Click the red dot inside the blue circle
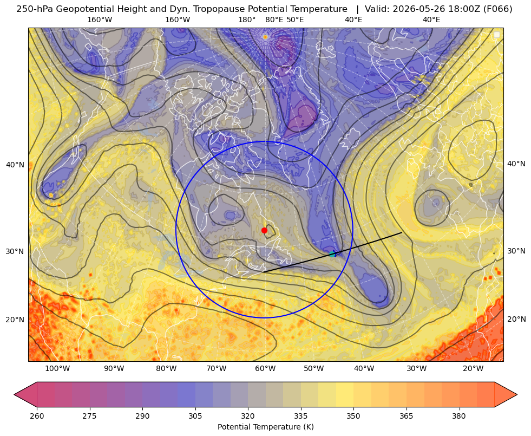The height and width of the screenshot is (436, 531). [264, 230]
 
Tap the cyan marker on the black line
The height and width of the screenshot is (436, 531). [332, 254]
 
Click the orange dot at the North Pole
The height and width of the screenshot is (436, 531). [265, 37]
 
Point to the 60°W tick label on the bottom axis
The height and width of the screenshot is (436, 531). [265, 369]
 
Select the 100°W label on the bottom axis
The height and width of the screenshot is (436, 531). [57, 369]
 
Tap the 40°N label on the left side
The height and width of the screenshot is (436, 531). [15, 165]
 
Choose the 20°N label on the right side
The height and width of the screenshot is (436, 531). [516, 319]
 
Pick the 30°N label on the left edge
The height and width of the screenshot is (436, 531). [15, 251]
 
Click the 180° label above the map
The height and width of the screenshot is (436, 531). [247, 19]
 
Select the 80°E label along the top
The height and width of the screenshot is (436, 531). [274, 19]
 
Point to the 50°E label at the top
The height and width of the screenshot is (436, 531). [295, 19]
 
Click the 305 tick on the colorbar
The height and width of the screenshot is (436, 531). [195, 416]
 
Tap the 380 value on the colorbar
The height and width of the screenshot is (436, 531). [459, 416]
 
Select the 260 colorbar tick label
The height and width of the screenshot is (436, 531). [37, 416]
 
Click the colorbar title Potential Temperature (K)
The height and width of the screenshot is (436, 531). [265, 427]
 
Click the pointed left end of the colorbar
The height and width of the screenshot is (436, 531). [15, 394]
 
